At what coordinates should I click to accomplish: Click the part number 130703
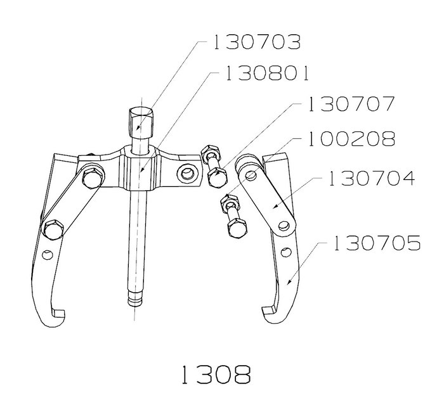point(257,42)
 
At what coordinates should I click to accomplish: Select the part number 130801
point(266,74)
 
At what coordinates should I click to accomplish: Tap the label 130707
point(351,104)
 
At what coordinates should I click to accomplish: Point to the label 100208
point(351,139)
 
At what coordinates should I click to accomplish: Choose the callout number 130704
point(372,178)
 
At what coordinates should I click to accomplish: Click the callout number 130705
point(377,243)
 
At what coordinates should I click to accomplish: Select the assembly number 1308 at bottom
point(216,375)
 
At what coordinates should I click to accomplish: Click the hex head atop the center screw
point(141,122)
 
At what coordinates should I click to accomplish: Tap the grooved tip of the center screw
point(135,299)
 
